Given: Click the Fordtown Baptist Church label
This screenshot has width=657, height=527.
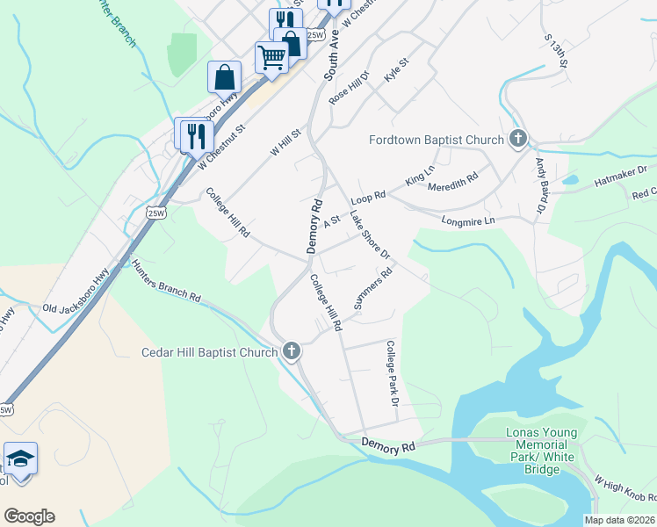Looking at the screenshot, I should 436,140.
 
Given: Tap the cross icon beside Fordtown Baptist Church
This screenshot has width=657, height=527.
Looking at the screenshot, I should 518,139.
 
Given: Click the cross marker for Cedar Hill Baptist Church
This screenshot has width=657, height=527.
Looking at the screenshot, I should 292,351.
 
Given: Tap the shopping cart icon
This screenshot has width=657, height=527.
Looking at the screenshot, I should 271,58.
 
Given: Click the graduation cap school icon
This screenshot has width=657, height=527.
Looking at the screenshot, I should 20,459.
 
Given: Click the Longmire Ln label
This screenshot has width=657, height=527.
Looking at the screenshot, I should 468,220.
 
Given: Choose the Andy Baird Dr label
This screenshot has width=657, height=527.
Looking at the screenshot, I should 541,184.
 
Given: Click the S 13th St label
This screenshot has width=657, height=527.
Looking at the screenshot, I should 558,53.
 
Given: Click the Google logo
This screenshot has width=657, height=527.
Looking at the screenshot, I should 29,516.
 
